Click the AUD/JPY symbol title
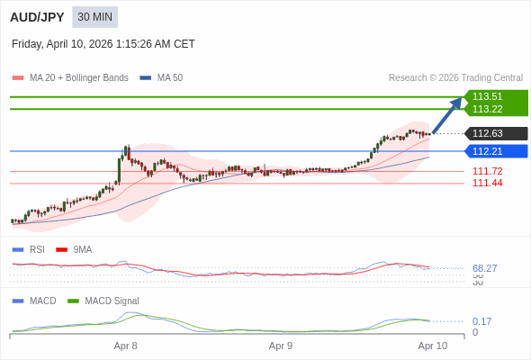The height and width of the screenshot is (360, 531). pos(37,17)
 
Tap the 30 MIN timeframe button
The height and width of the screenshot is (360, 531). pos(94,17)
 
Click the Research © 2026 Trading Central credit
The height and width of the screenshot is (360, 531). pos(455,78)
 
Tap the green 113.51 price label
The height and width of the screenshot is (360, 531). pos(488,96)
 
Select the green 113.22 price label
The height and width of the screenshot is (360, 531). pos(488,109)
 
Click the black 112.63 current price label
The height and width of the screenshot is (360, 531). pos(488,133)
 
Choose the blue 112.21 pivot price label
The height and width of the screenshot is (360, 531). pos(488,151)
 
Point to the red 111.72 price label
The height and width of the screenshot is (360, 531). pos(488,171)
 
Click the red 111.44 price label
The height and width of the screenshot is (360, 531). pos(488,183)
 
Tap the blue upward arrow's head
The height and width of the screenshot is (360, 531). pos(458,102)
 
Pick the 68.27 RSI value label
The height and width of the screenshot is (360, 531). pos(485,268)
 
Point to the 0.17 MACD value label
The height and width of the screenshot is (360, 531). pos(481,321)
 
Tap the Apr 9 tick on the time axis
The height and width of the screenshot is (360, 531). pos(281,346)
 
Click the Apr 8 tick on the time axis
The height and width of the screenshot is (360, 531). pos(126,346)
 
